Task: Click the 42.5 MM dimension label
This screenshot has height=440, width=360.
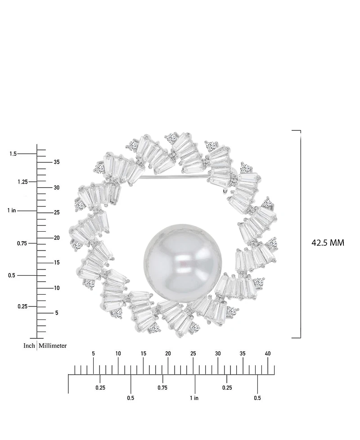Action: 328,242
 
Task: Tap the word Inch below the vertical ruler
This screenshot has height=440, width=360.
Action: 29,346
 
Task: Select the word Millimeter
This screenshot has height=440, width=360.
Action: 53,346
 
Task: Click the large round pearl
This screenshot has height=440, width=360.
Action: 183,263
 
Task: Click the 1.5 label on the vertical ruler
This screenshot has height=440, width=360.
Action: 13,154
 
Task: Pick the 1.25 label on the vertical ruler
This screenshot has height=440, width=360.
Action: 23,182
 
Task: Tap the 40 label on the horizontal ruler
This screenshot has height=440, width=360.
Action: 268,354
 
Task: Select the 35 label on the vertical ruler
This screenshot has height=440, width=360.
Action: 57,162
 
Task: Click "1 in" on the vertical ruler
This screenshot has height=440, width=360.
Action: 12,211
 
